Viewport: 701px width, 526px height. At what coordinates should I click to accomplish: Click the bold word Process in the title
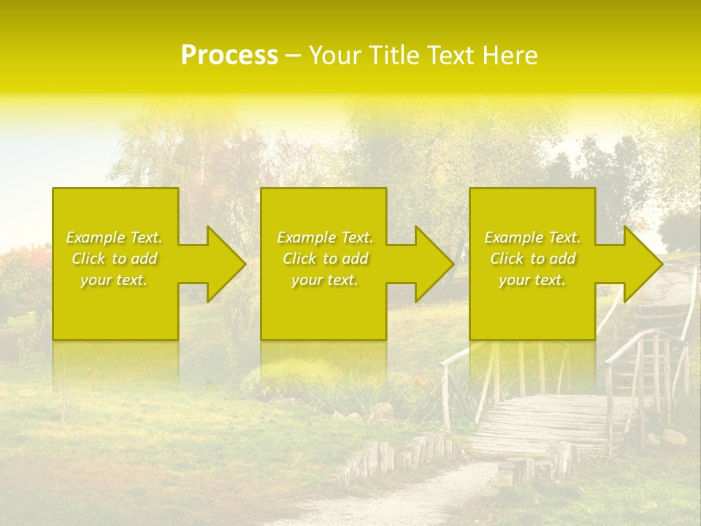click(229, 56)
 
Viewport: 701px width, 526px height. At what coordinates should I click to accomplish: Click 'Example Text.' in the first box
click(114, 237)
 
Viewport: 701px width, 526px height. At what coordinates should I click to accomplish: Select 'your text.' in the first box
click(114, 280)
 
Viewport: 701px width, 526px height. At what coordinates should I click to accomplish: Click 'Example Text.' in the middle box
click(325, 237)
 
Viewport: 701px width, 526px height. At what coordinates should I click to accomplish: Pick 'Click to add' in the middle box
click(325, 259)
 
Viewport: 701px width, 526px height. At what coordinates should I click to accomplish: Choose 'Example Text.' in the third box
click(532, 237)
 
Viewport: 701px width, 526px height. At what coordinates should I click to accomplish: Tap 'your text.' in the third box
click(532, 280)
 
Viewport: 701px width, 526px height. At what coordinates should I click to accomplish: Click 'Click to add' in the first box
click(114, 259)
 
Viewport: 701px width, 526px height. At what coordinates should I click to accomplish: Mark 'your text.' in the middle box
click(325, 280)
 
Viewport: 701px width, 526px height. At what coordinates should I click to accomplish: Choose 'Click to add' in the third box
click(532, 259)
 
